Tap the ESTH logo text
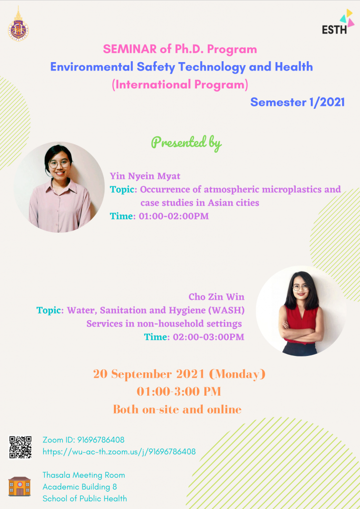pyautogui.click(x=334, y=30)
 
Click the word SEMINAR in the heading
pyautogui.click(x=130, y=49)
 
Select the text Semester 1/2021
pyautogui.click(x=297, y=102)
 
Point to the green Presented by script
pyautogui.click(x=186, y=143)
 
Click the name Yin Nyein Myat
pyautogui.click(x=145, y=176)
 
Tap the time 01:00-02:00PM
pyautogui.click(x=174, y=216)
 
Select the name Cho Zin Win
pyautogui.click(x=216, y=297)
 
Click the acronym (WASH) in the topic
pyautogui.click(x=228, y=310)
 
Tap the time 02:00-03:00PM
pyautogui.click(x=208, y=337)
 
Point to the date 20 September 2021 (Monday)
pyautogui.click(x=180, y=374)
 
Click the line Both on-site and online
pyautogui.click(x=177, y=410)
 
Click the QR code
pyautogui.click(x=20, y=447)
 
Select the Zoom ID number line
pyautogui.click(x=84, y=440)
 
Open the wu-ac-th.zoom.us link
pyautogui.click(x=119, y=451)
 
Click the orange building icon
pyautogui.click(x=19, y=486)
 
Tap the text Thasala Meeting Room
pyautogui.click(x=84, y=475)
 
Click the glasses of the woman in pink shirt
pyautogui.click(x=59, y=164)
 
